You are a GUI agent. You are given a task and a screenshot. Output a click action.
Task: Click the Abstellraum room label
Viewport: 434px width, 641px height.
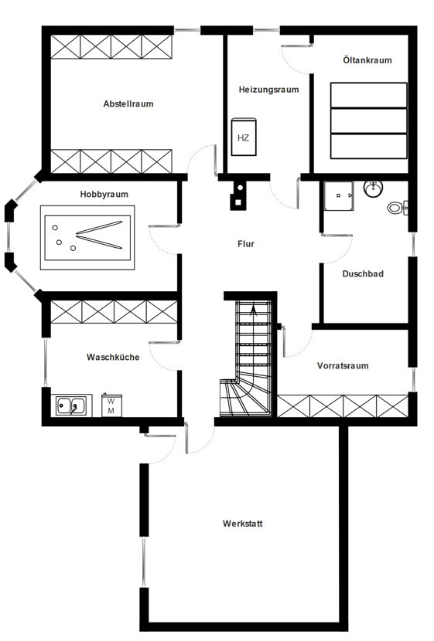(x=128, y=103)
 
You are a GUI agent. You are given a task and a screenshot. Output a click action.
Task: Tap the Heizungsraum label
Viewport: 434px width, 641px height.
(x=268, y=90)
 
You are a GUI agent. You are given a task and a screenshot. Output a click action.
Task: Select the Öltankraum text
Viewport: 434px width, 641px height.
(x=367, y=60)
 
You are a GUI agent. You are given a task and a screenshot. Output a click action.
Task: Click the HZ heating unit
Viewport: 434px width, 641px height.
(x=244, y=137)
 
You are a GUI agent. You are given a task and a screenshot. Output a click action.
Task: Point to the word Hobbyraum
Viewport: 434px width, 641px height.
(x=104, y=194)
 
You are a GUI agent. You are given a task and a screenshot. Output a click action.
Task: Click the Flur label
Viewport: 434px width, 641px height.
(x=246, y=244)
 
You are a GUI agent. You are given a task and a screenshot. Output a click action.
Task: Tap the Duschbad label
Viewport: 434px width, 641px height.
(x=363, y=274)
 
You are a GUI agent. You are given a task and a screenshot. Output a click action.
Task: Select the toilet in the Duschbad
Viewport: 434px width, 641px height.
(x=398, y=208)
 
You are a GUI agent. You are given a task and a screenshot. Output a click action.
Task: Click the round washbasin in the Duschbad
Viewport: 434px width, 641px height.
(x=373, y=188)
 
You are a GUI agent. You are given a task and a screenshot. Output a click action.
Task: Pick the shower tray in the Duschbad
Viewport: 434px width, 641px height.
(x=339, y=196)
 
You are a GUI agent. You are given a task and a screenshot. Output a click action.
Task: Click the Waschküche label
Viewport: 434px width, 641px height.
(x=113, y=357)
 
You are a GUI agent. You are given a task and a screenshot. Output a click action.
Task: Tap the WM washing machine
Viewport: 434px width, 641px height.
(x=111, y=405)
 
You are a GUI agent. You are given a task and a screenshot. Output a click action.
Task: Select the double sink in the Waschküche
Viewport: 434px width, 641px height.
(x=71, y=406)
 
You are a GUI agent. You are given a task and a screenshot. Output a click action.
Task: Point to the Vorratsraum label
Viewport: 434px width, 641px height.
(x=343, y=365)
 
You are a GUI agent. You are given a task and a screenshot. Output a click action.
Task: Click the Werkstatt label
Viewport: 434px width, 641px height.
(x=242, y=524)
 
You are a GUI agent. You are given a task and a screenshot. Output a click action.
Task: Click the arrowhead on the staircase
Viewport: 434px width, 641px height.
(x=254, y=310)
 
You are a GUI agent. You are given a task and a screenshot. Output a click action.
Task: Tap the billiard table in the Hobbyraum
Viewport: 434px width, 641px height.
(x=87, y=238)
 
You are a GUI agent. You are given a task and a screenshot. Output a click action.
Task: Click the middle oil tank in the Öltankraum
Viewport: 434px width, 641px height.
(x=369, y=120)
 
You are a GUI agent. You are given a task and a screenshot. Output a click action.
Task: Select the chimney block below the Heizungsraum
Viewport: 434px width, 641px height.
(x=238, y=195)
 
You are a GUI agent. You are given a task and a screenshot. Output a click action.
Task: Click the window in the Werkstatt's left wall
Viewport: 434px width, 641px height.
(x=144, y=562)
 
